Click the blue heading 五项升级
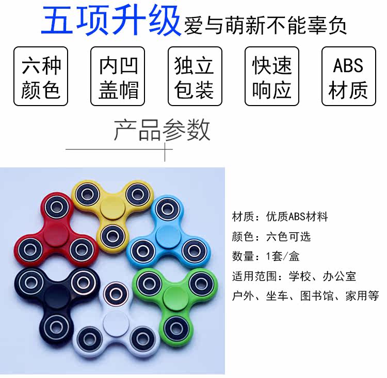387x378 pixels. tap(111, 22)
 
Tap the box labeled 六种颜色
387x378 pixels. tap(41, 77)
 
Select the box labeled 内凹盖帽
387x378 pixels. tap(118, 77)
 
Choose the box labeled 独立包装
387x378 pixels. tap(195, 77)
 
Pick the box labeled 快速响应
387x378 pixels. tap(271, 77)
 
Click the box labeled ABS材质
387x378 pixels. tap(348, 77)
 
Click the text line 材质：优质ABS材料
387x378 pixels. tap(280, 217)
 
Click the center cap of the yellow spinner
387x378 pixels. tap(110, 210)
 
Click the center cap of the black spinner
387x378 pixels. tap(54, 297)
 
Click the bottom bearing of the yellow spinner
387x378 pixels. tap(110, 235)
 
